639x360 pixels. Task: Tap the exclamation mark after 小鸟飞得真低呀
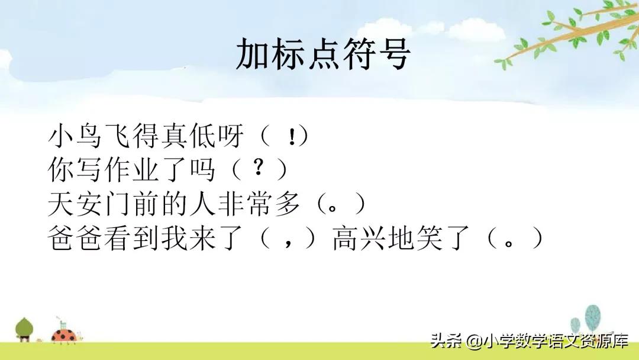pyautogui.click(x=292, y=137)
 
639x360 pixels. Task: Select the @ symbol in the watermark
pyautogui.click(x=473, y=342)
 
